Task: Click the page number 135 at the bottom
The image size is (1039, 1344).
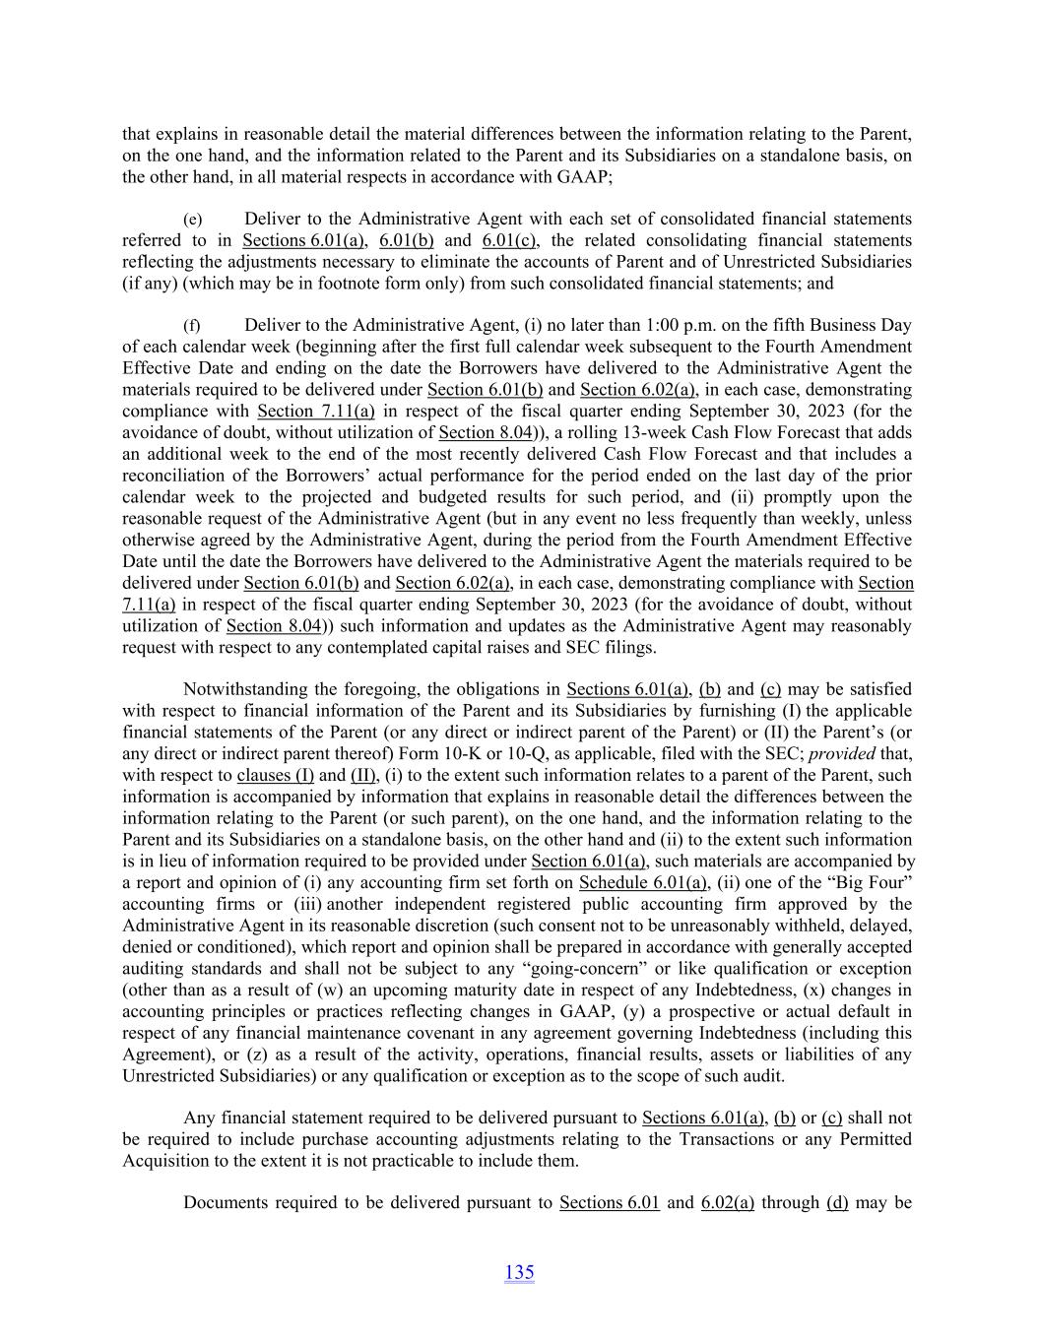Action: click(519, 1272)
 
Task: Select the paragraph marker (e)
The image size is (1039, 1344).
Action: click(192, 220)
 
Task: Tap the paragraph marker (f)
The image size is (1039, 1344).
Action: click(192, 326)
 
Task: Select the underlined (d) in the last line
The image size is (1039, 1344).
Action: click(837, 1202)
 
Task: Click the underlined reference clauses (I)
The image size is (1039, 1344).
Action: click(276, 775)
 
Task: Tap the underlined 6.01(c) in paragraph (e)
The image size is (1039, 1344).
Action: click(510, 240)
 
